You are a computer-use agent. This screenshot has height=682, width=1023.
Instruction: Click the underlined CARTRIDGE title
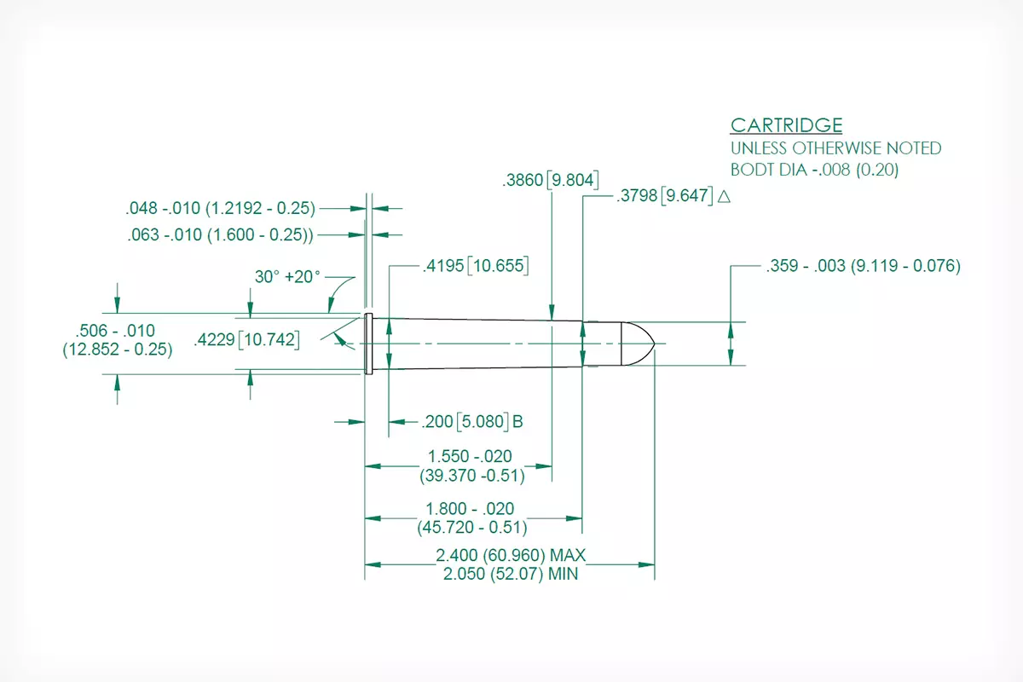point(786,125)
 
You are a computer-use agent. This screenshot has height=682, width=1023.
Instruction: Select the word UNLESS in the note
point(759,148)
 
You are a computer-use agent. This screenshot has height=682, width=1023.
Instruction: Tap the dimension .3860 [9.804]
point(551,180)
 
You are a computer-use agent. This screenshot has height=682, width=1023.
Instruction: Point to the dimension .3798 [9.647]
point(664,195)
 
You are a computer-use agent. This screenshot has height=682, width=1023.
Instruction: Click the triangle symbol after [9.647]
point(724,196)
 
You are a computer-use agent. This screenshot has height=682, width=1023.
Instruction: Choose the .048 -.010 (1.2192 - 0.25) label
point(221,208)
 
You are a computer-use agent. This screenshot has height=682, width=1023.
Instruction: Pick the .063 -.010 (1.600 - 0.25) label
point(221,234)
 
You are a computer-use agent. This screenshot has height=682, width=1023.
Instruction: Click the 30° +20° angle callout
point(287,276)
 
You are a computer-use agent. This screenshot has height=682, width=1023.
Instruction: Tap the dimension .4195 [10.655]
point(476,265)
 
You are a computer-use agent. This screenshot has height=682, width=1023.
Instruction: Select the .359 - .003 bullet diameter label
point(863,265)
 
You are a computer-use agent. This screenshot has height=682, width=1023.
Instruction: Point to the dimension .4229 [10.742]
point(246,340)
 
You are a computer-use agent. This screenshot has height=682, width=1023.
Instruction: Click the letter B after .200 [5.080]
point(517,421)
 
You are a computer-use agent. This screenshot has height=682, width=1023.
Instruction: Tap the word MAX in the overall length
point(567,555)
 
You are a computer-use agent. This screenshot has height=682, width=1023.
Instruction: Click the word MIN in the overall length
point(563,574)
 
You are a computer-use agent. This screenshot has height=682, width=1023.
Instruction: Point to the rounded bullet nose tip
point(655,344)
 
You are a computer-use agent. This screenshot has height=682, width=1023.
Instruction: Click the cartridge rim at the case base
point(368,344)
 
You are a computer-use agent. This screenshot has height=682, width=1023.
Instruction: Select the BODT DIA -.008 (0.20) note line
point(814,170)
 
